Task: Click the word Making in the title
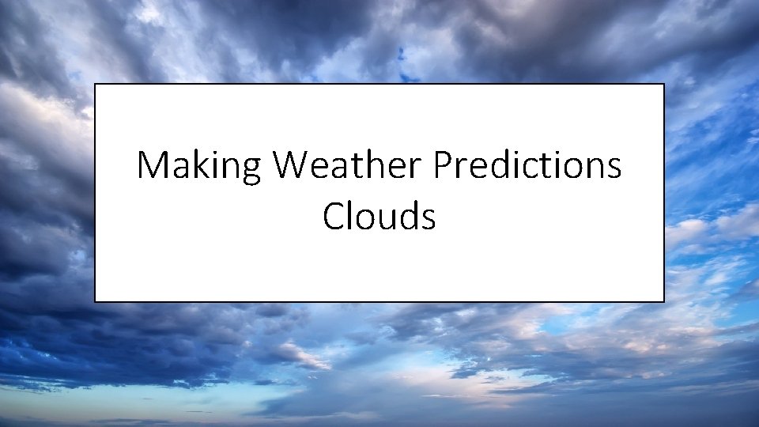(x=199, y=166)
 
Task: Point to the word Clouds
(x=379, y=215)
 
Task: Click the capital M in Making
(x=152, y=166)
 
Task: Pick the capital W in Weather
(x=293, y=166)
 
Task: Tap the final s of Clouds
(x=428, y=217)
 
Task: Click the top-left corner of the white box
(x=96, y=85)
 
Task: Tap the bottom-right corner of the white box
(x=663, y=301)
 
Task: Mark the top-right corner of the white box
(x=663, y=85)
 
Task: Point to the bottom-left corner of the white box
(x=96, y=301)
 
